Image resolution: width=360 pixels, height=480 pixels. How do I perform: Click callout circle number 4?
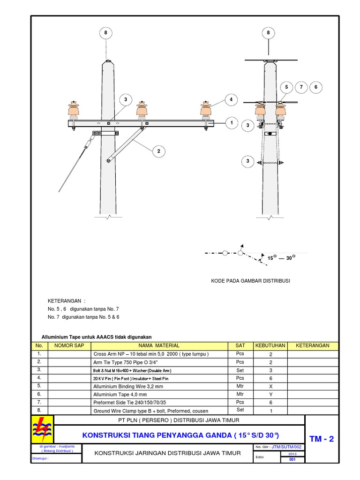tap(231, 100)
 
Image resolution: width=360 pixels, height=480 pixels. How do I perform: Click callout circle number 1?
tap(231, 123)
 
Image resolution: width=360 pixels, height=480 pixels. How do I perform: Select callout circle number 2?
tap(159, 151)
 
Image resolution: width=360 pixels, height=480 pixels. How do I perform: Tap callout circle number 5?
tap(285, 87)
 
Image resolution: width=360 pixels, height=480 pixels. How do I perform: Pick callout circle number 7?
tap(301, 87)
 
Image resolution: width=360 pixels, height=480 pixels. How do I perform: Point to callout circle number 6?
tap(316, 87)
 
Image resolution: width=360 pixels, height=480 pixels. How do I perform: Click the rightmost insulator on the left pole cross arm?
tap(205, 110)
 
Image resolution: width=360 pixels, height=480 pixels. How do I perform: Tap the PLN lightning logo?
tap(43, 427)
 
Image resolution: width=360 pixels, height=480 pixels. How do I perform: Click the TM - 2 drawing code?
tap(322, 439)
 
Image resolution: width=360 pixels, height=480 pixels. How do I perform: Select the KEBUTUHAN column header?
tap(270, 345)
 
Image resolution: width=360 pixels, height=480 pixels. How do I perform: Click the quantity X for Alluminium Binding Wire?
tap(270, 387)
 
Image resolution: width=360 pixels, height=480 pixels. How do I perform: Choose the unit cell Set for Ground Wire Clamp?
tap(240, 410)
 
